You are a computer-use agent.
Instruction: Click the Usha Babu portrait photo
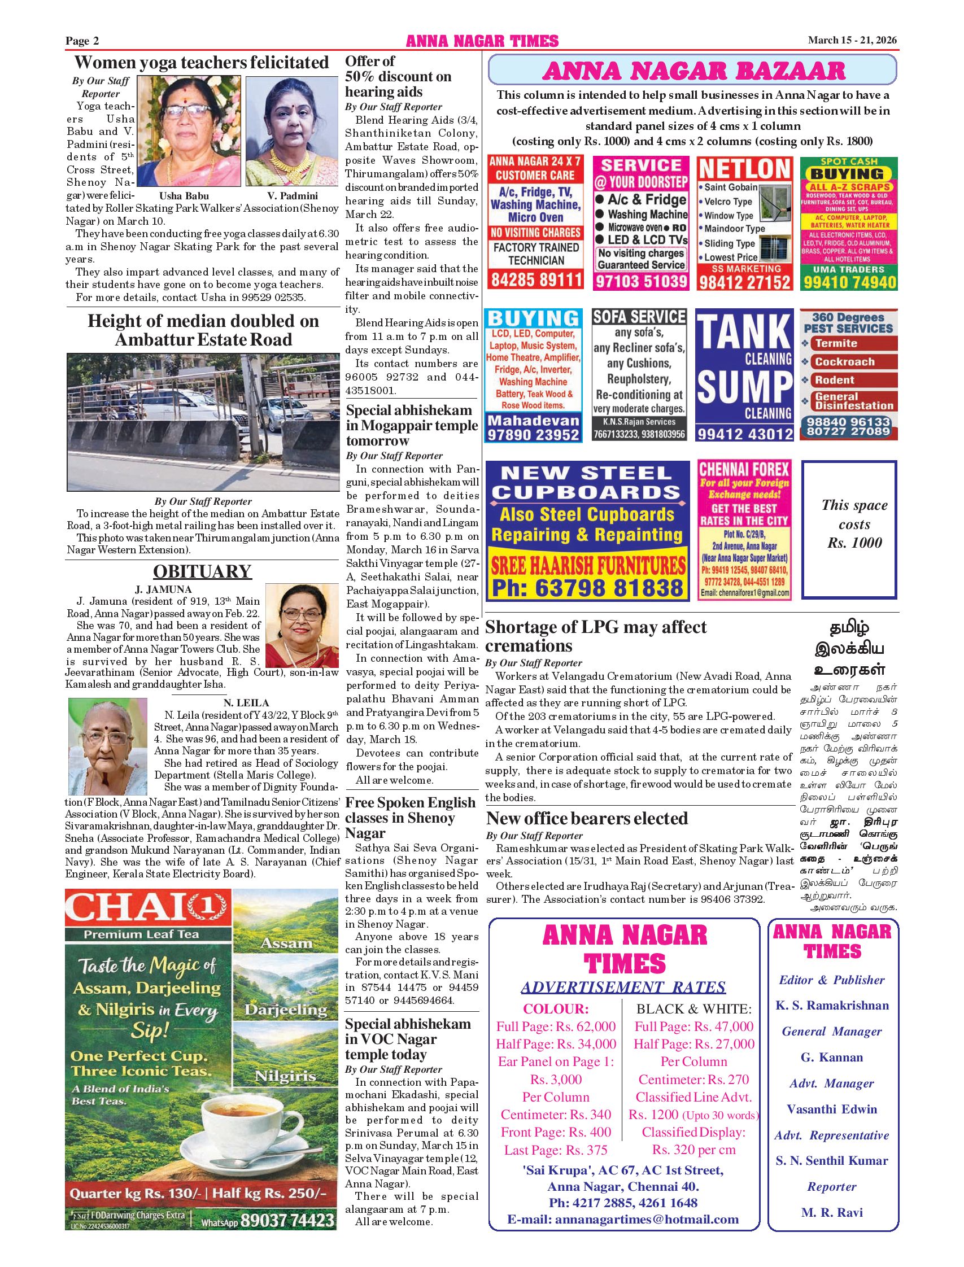click(x=189, y=132)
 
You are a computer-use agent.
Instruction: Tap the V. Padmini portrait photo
click(x=292, y=132)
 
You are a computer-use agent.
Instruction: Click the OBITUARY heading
click(x=202, y=572)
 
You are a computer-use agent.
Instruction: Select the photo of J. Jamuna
click(x=302, y=626)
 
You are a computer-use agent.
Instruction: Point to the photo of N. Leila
click(x=108, y=746)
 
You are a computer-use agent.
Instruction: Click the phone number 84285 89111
click(x=535, y=280)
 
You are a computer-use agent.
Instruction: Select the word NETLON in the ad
click(x=745, y=169)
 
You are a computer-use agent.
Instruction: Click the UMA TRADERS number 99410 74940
click(x=849, y=282)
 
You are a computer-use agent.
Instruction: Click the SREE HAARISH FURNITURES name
click(x=587, y=566)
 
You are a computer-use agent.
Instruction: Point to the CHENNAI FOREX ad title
click(x=744, y=469)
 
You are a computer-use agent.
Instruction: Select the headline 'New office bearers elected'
click(x=586, y=819)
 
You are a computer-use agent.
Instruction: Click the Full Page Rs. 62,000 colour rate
click(x=556, y=1026)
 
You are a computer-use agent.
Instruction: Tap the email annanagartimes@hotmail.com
click(x=622, y=1220)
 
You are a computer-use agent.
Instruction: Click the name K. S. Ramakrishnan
click(x=832, y=1006)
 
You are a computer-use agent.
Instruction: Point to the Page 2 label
click(x=82, y=41)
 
